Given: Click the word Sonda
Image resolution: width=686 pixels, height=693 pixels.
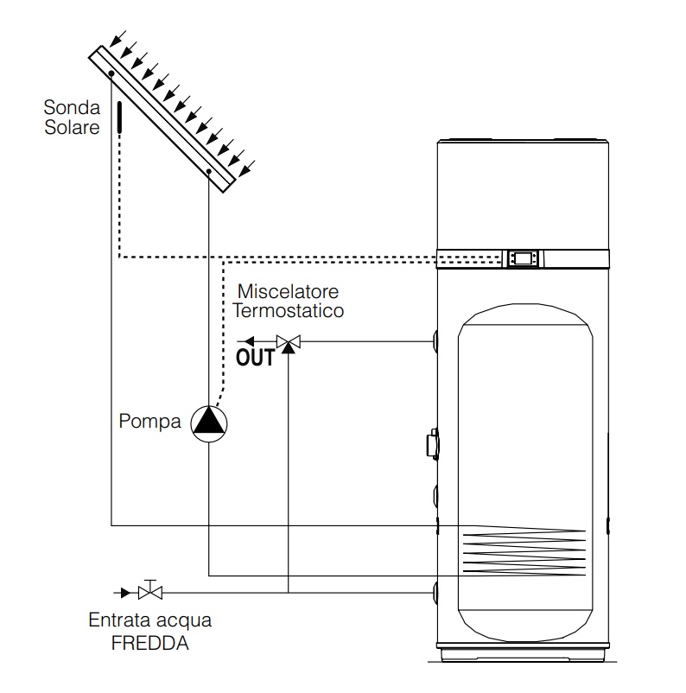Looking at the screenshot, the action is [72, 107].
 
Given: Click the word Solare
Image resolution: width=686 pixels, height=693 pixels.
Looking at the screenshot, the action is [72, 127].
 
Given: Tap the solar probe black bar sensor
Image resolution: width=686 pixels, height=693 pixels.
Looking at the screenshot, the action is [119, 118].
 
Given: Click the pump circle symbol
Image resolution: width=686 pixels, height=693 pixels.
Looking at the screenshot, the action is [209, 423].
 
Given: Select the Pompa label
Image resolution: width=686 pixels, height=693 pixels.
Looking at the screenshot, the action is [149, 421].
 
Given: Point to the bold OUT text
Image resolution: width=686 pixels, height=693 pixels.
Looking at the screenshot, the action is [255, 358].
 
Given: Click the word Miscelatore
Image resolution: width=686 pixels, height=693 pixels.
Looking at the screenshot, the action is [288, 292].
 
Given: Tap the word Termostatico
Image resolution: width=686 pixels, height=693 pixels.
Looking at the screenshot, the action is [289, 311].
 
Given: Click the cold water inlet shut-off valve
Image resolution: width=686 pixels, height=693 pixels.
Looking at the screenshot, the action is [150, 590].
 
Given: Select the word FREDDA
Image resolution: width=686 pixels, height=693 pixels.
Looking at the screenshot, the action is [150, 644].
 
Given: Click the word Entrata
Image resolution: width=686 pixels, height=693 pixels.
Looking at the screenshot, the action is [119, 620].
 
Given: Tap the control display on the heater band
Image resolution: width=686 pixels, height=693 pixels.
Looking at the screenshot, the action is [523, 258].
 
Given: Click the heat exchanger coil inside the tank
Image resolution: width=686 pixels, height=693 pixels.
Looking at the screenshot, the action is [524, 551].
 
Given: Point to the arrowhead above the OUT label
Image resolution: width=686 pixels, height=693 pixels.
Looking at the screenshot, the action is [250, 341].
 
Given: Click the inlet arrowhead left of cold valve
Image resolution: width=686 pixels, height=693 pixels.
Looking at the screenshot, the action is [126, 593].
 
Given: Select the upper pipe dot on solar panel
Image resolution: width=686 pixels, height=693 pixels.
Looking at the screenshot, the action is [111, 73].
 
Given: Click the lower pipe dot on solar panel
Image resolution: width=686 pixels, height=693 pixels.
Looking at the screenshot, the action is [209, 171].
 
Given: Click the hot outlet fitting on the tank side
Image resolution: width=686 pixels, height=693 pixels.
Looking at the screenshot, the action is [435, 341].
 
